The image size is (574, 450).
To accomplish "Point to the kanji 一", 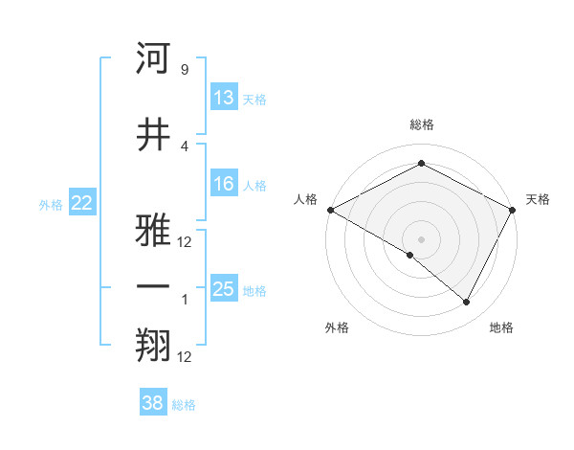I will (154, 287).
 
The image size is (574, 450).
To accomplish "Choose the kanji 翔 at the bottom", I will (154, 347).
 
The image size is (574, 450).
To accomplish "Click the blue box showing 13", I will (224, 98).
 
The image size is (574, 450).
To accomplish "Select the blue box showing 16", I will (224, 184).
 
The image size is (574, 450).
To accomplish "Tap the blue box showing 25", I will (224, 289).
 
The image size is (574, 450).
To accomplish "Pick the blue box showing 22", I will (82, 203).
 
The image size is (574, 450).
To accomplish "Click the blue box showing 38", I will (153, 403).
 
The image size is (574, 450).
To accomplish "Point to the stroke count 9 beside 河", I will (185, 70).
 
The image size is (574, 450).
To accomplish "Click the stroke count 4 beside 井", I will (185, 146).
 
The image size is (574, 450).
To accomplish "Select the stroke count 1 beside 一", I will (185, 300).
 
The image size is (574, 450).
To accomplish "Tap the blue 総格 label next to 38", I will (184, 405).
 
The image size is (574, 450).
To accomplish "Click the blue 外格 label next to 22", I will (51, 204).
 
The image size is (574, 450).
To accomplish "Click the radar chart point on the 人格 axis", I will (330, 209).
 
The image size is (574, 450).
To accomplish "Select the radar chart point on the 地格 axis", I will (467, 303).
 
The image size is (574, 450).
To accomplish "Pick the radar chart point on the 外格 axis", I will (410, 256).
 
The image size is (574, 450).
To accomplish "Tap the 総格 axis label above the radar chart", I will (422, 124).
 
